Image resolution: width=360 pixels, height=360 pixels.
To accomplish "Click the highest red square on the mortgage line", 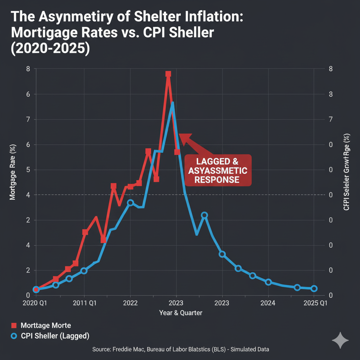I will coord(168,74).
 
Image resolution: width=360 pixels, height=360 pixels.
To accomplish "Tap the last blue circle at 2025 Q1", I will coord(314,289).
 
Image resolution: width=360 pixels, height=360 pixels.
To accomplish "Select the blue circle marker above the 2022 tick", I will coord(130,203).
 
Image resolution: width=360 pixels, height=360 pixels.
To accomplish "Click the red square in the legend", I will coord(14,326).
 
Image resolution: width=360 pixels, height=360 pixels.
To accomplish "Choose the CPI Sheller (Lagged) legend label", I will coord(55,336).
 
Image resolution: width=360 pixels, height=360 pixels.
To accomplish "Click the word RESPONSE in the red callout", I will coord(217,180).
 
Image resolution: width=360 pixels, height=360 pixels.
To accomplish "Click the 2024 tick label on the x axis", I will coord(268,303).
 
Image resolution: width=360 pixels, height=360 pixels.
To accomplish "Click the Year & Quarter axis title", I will coord(181,313).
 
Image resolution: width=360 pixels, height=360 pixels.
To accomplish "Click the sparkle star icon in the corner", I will coord(340,341).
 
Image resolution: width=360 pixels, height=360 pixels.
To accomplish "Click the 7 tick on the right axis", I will coord(330,120).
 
